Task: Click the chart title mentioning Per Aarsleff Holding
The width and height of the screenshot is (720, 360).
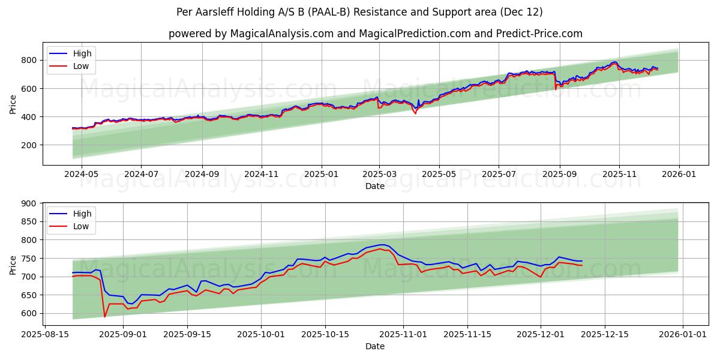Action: [360, 12]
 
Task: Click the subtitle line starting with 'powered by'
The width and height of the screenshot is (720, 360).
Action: [375, 34]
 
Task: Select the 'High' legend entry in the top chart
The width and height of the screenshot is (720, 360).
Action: [82, 53]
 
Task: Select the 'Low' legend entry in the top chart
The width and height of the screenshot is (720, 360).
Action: [80, 66]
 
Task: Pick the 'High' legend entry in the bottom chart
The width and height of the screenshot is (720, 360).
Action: [82, 214]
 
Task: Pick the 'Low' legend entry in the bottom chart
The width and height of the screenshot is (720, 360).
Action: [80, 226]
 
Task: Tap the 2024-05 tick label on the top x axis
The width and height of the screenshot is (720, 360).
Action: [81, 174]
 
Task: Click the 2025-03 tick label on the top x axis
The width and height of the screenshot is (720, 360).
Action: [379, 174]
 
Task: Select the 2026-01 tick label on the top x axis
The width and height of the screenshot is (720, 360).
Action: [679, 174]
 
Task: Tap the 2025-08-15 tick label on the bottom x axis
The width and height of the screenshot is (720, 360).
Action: [45, 334]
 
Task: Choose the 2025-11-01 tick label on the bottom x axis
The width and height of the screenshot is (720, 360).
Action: [402, 334]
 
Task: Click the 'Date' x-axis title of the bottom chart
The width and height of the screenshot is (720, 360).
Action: [375, 346]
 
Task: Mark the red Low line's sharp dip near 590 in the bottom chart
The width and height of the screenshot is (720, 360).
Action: [104, 316]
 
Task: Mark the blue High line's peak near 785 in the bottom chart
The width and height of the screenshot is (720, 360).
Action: [382, 245]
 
